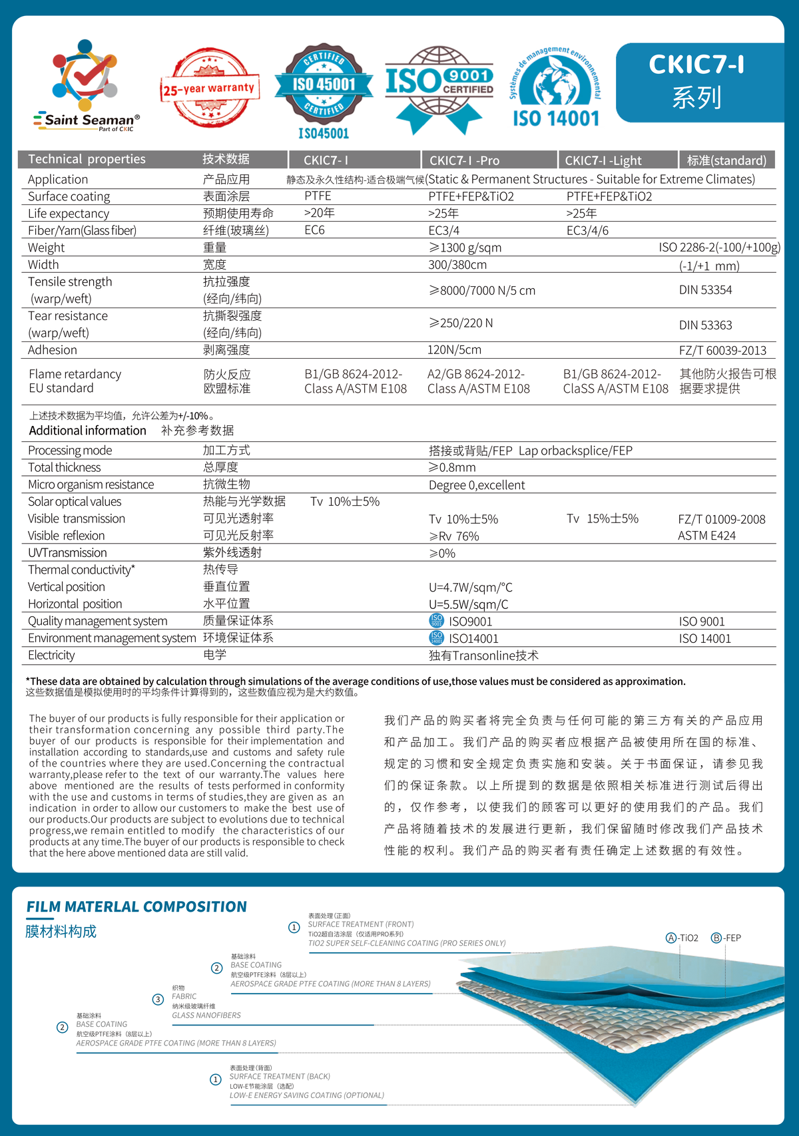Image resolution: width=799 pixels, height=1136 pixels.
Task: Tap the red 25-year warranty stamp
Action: (208, 87)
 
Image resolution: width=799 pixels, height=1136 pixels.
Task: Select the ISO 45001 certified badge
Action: (324, 89)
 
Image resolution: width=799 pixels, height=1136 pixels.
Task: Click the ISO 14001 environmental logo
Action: (556, 87)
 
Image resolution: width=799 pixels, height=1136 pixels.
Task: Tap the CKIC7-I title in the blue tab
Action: (696, 65)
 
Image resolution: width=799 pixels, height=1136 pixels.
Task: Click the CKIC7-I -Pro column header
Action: (464, 160)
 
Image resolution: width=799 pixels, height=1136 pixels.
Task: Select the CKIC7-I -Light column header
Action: (603, 160)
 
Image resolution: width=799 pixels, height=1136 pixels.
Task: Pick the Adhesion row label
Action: (53, 350)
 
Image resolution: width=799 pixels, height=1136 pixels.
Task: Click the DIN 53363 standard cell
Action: (705, 325)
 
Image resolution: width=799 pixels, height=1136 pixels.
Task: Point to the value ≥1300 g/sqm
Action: (465, 248)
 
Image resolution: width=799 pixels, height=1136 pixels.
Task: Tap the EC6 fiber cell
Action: (314, 230)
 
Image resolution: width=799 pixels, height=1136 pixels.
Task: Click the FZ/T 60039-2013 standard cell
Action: (722, 351)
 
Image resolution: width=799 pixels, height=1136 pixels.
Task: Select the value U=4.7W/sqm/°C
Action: (471, 588)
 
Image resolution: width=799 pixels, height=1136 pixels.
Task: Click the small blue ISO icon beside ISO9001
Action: (436, 621)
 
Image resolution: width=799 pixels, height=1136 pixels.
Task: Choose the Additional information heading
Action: (87, 431)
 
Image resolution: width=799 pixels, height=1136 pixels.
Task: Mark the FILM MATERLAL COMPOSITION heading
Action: (136, 906)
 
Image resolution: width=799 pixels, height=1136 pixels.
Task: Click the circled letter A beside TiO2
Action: (671, 938)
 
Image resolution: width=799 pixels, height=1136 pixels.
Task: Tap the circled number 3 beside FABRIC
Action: (158, 999)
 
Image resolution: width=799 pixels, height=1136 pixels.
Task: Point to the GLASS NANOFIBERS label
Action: (206, 1016)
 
